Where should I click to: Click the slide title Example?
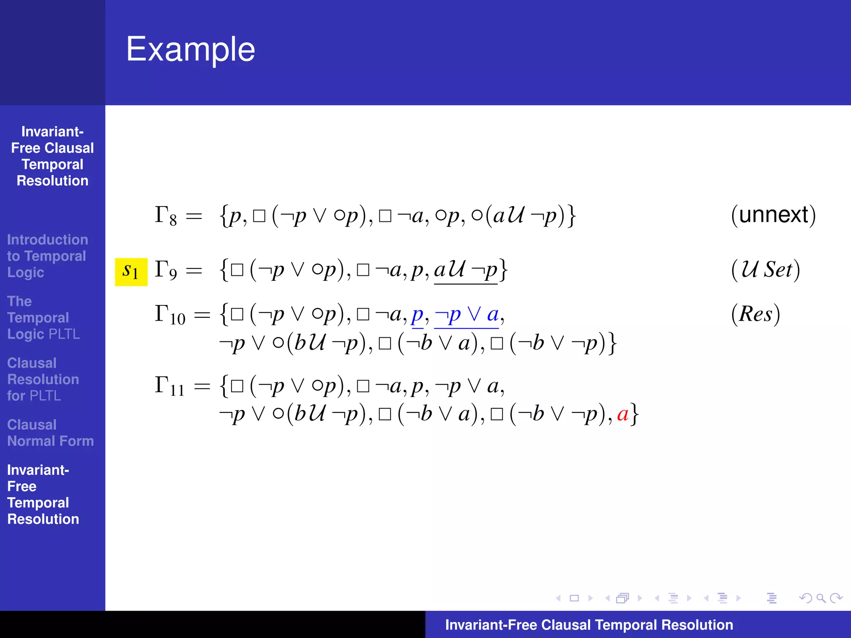190,49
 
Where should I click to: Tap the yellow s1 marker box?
131,272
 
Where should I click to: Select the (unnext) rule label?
773,215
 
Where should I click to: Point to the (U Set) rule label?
765,270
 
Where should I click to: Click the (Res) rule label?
755,314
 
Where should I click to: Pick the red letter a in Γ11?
622,414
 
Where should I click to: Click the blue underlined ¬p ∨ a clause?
466,315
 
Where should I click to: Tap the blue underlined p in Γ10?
417,316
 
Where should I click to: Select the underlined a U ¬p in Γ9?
465,270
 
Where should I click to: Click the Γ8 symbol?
165,216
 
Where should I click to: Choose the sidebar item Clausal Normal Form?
50,433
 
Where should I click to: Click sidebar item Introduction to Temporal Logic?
47,256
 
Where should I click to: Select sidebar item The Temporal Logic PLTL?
43,318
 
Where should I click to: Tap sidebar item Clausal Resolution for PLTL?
43,379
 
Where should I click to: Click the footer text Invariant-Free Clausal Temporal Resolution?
589,625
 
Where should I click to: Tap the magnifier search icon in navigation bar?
821,598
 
